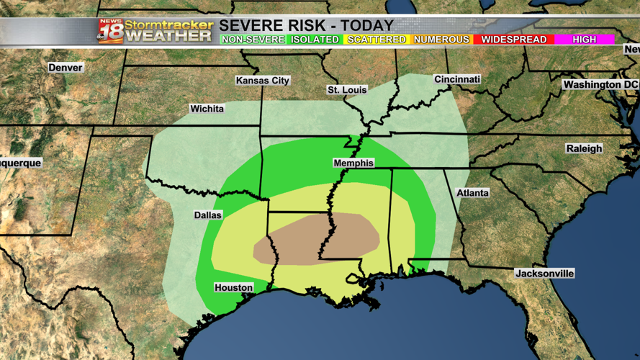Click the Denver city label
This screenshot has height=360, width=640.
[x=65, y=68]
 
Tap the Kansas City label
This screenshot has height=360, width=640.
[x=263, y=81]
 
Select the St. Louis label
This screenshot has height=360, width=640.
[x=347, y=90]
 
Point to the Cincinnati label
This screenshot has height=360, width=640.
[x=457, y=79]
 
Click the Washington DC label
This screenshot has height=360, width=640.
[x=600, y=85]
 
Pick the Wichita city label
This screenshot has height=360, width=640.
[x=207, y=109]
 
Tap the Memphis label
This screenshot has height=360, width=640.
[x=353, y=163]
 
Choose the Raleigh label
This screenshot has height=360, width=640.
[x=584, y=148]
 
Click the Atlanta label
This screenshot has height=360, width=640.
[x=472, y=193]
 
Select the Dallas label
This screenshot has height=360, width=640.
[x=207, y=215]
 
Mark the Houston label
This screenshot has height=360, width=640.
[x=234, y=288]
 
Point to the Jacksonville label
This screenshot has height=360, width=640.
[x=544, y=274]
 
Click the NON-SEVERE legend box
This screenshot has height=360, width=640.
[x=253, y=40]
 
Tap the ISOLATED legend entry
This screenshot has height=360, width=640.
[x=315, y=40]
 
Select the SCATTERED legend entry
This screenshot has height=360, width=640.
[x=377, y=40]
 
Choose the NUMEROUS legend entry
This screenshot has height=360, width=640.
[x=441, y=40]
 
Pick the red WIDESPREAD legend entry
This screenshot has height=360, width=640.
[x=513, y=40]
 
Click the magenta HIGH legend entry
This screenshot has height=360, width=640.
[x=584, y=40]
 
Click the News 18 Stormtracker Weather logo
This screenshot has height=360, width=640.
[x=155, y=30]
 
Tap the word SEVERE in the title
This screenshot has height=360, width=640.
[x=251, y=26]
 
